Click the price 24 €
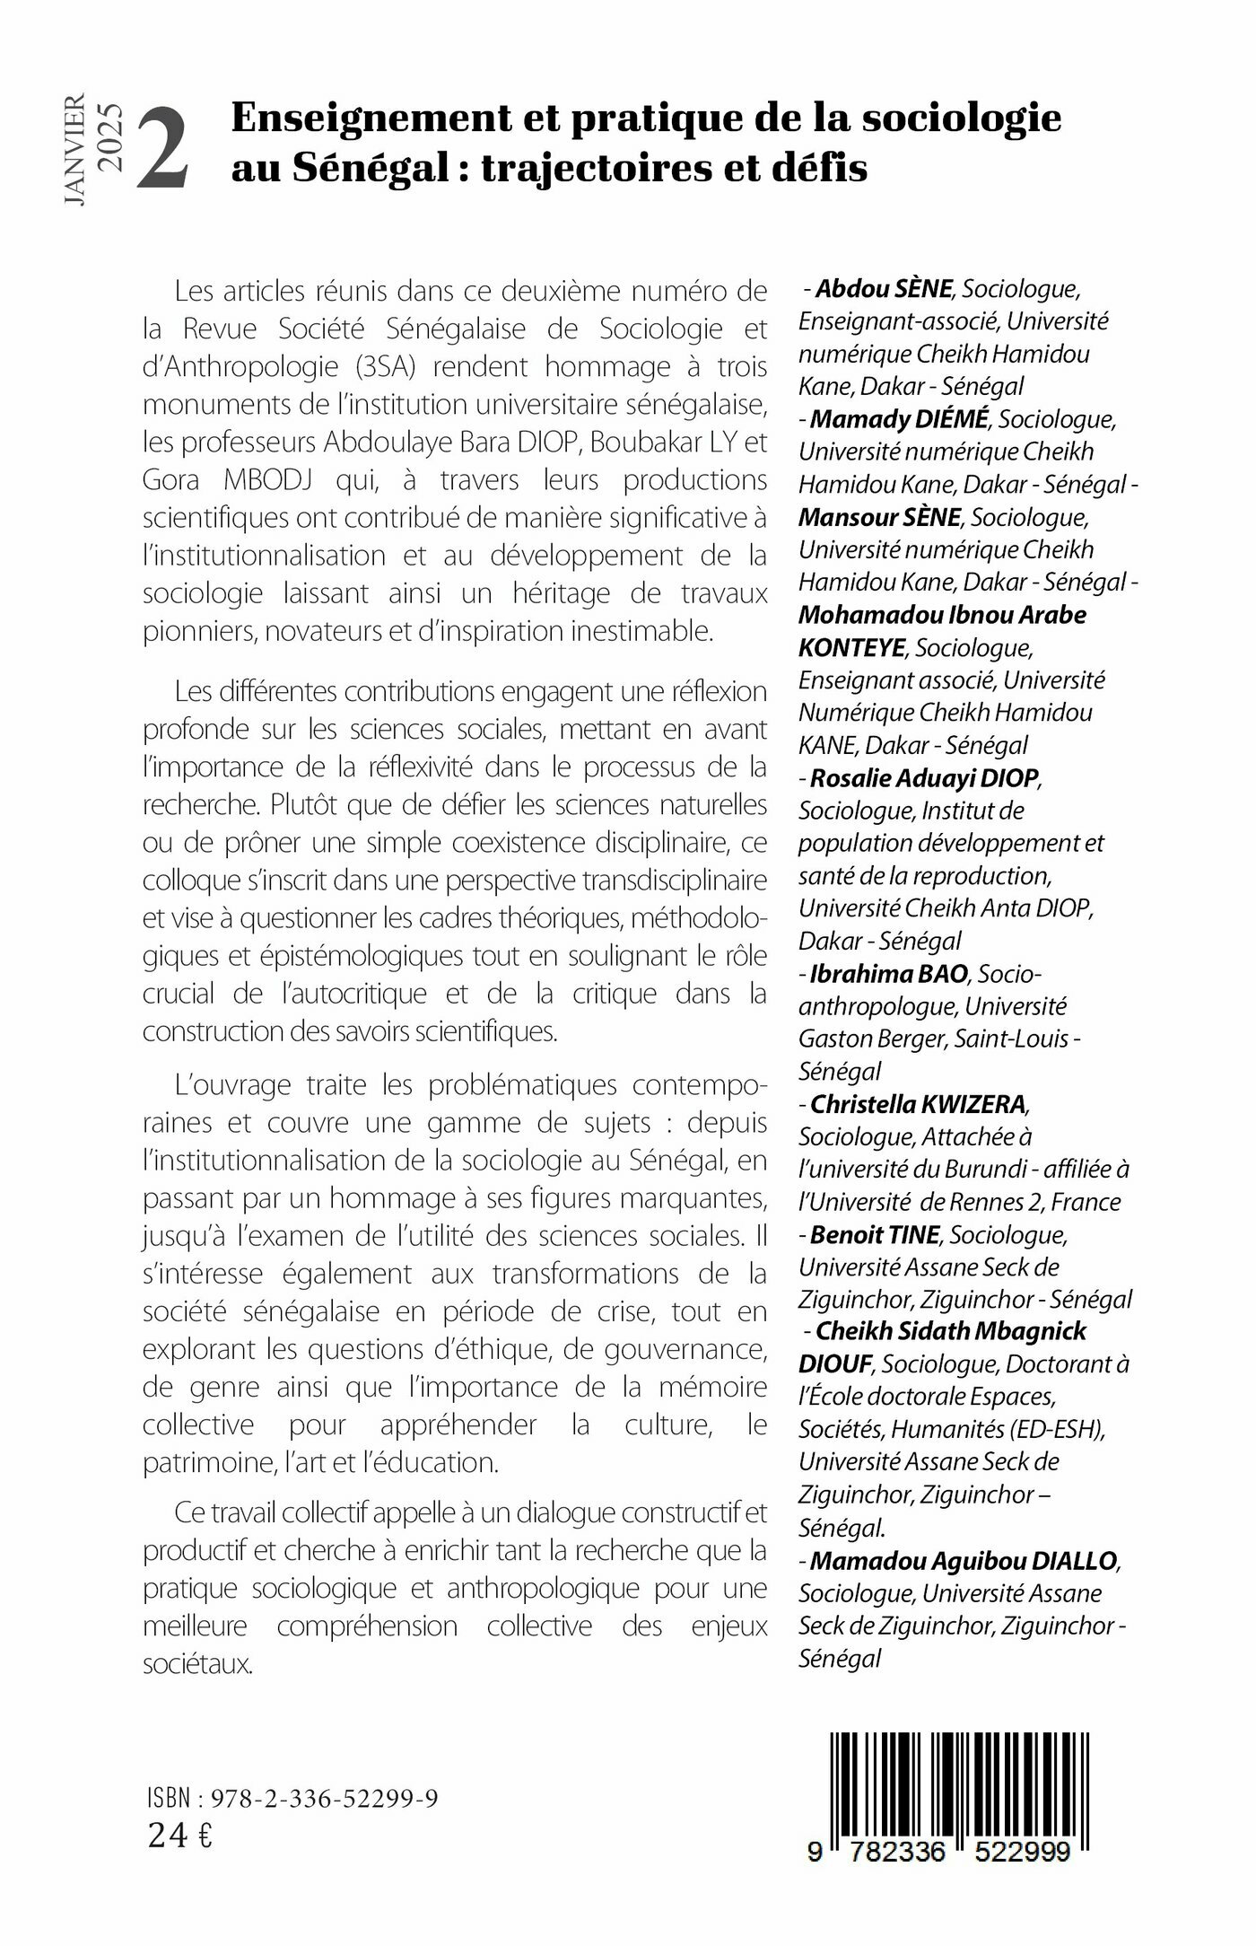click(x=180, y=1836)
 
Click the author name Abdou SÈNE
click(x=884, y=289)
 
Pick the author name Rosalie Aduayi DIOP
click(x=924, y=777)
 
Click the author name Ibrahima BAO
click(x=888, y=973)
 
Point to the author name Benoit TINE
click(x=875, y=1234)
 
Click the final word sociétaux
click(x=198, y=1664)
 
